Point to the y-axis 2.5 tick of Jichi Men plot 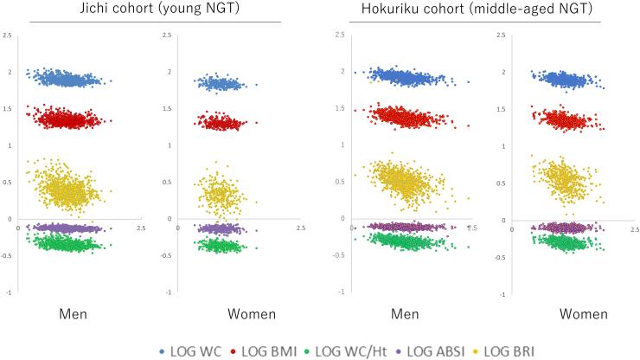pos(8,35)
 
